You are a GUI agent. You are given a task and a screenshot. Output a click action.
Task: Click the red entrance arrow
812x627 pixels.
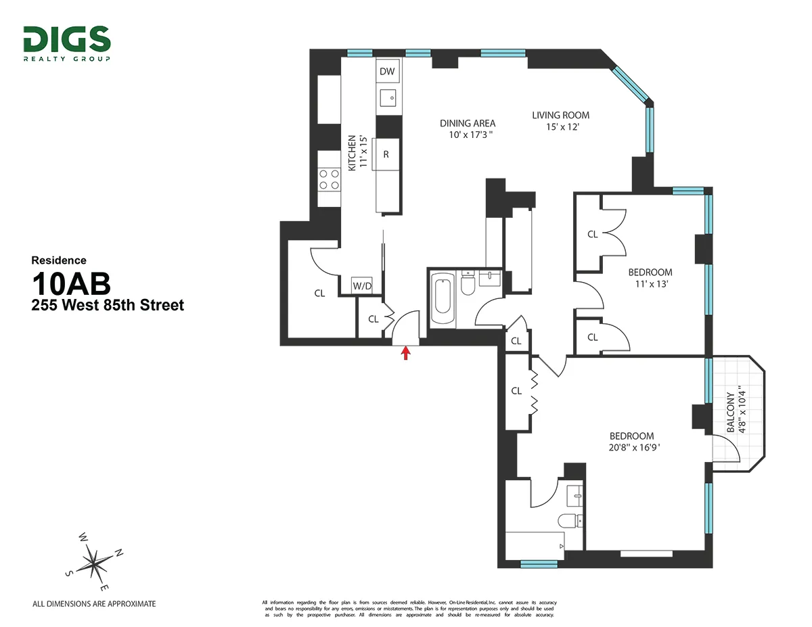406,352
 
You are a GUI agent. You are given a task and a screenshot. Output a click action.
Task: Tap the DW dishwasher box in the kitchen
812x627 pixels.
387,72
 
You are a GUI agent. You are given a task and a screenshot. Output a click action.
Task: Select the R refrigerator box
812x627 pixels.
386,154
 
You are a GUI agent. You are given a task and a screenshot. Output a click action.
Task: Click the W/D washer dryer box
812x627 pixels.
362,286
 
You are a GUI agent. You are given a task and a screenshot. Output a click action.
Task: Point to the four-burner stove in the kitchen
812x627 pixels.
330,179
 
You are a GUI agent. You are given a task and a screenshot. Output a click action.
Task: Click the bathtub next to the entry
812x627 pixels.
443,299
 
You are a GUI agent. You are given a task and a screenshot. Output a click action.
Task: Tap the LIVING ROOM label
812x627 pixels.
560,115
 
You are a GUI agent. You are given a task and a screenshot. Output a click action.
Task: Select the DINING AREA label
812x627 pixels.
468,123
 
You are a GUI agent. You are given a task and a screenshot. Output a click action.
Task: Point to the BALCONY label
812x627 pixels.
731,413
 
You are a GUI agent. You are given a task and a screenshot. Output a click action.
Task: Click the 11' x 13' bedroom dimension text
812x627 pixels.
650,284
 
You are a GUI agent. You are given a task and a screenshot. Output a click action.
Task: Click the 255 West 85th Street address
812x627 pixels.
108,305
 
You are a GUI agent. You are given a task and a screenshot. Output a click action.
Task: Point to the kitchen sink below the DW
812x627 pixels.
388,99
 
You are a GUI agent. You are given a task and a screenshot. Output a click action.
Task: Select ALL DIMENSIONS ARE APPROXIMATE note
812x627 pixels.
95,603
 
